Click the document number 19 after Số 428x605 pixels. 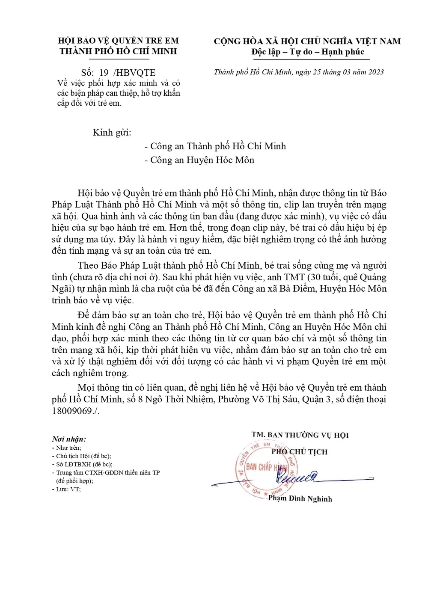point(104,73)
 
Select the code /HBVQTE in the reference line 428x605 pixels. point(134,73)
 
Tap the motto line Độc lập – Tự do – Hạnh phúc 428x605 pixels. point(308,52)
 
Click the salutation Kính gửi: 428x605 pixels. point(112,132)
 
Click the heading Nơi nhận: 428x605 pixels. point(68,439)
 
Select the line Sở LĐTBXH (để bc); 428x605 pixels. point(84,464)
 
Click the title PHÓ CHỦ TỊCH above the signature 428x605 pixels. point(299,452)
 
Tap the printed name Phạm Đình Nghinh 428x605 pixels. point(300,498)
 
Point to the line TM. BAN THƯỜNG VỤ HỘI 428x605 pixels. point(300,435)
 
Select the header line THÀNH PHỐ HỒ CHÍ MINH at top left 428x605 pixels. point(118,51)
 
